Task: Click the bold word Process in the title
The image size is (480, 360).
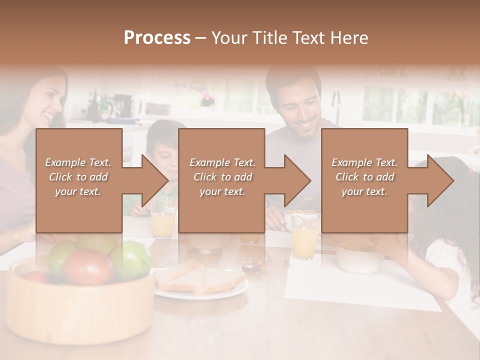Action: [x=157, y=37]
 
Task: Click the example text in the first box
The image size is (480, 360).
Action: [x=78, y=176]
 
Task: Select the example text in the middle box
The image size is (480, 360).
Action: [x=222, y=176]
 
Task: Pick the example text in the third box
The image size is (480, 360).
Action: [x=364, y=176]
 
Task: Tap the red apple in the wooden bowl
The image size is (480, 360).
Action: [x=89, y=266]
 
